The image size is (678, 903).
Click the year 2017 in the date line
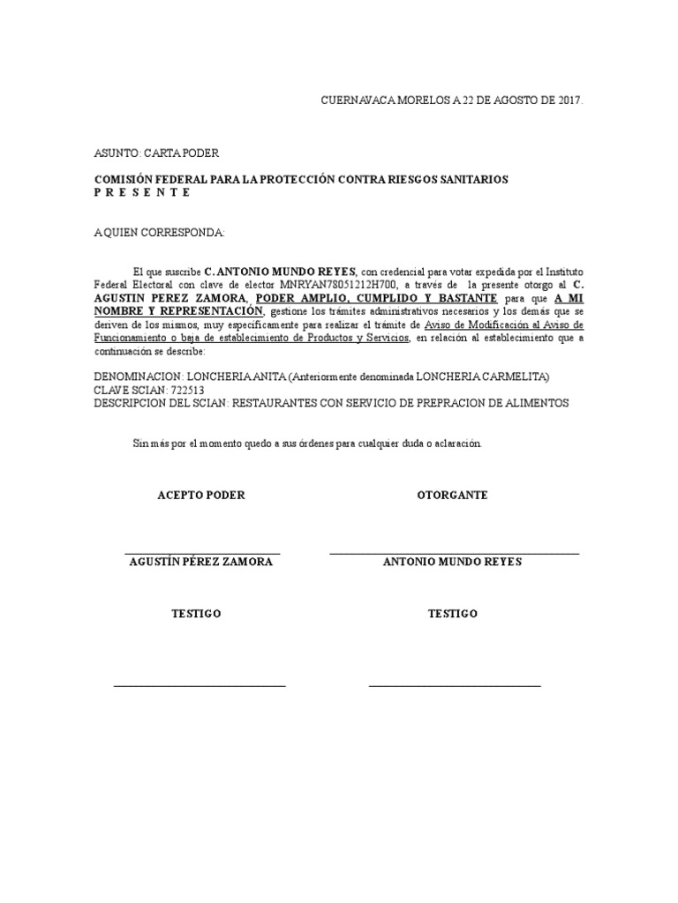pyautogui.click(x=569, y=101)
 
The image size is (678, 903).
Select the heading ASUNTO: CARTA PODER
pyautogui.click(x=156, y=153)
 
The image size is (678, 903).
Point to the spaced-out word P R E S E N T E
pyautogui.click(x=142, y=191)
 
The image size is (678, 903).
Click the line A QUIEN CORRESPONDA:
pyautogui.click(x=160, y=233)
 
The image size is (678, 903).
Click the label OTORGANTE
pyautogui.click(x=452, y=496)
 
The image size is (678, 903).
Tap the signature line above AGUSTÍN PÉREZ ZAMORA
pyautogui.click(x=202, y=553)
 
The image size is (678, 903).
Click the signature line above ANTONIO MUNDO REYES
pyautogui.click(x=454, y=553)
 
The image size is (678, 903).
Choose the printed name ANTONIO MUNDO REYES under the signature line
pyautogui.click(x=452, y=563)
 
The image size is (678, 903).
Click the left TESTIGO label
pyautogui.click(x=196, y=614)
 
